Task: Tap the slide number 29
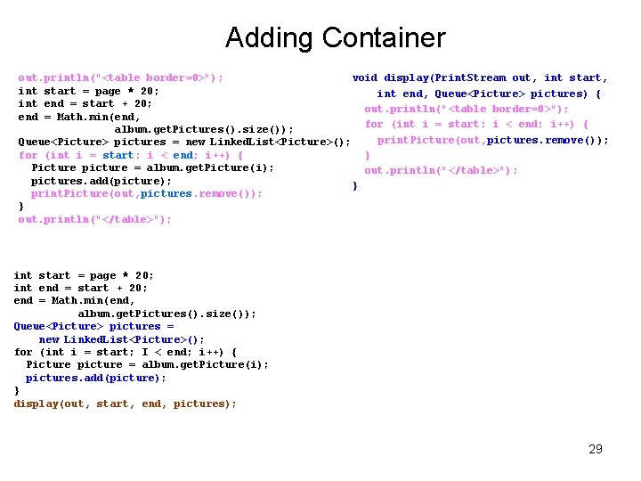coord(596,449)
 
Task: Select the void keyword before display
coord(365,78)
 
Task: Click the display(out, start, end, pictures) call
coord(126,404)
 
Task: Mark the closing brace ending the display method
coord(355,186)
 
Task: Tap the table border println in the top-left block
coord(121,78)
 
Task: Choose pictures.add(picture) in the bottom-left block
coord(96,378)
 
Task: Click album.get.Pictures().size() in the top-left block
coord(204,130)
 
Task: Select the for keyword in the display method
coord(374,124)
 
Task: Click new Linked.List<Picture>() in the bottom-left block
coord(122,339)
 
